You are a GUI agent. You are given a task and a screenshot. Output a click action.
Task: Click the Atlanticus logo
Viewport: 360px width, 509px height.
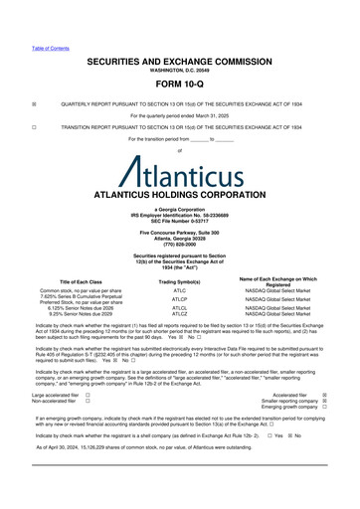[180, 163]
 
